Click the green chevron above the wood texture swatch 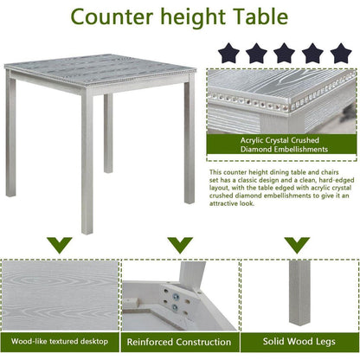(x=59, y=245)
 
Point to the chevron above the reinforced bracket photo (x=179, y=245)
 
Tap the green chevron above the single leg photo (x=299, y=245)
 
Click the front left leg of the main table (x=87, y=164)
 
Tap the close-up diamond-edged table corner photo (x=282, y=104)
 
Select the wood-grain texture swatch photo (x=59, y=294)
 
